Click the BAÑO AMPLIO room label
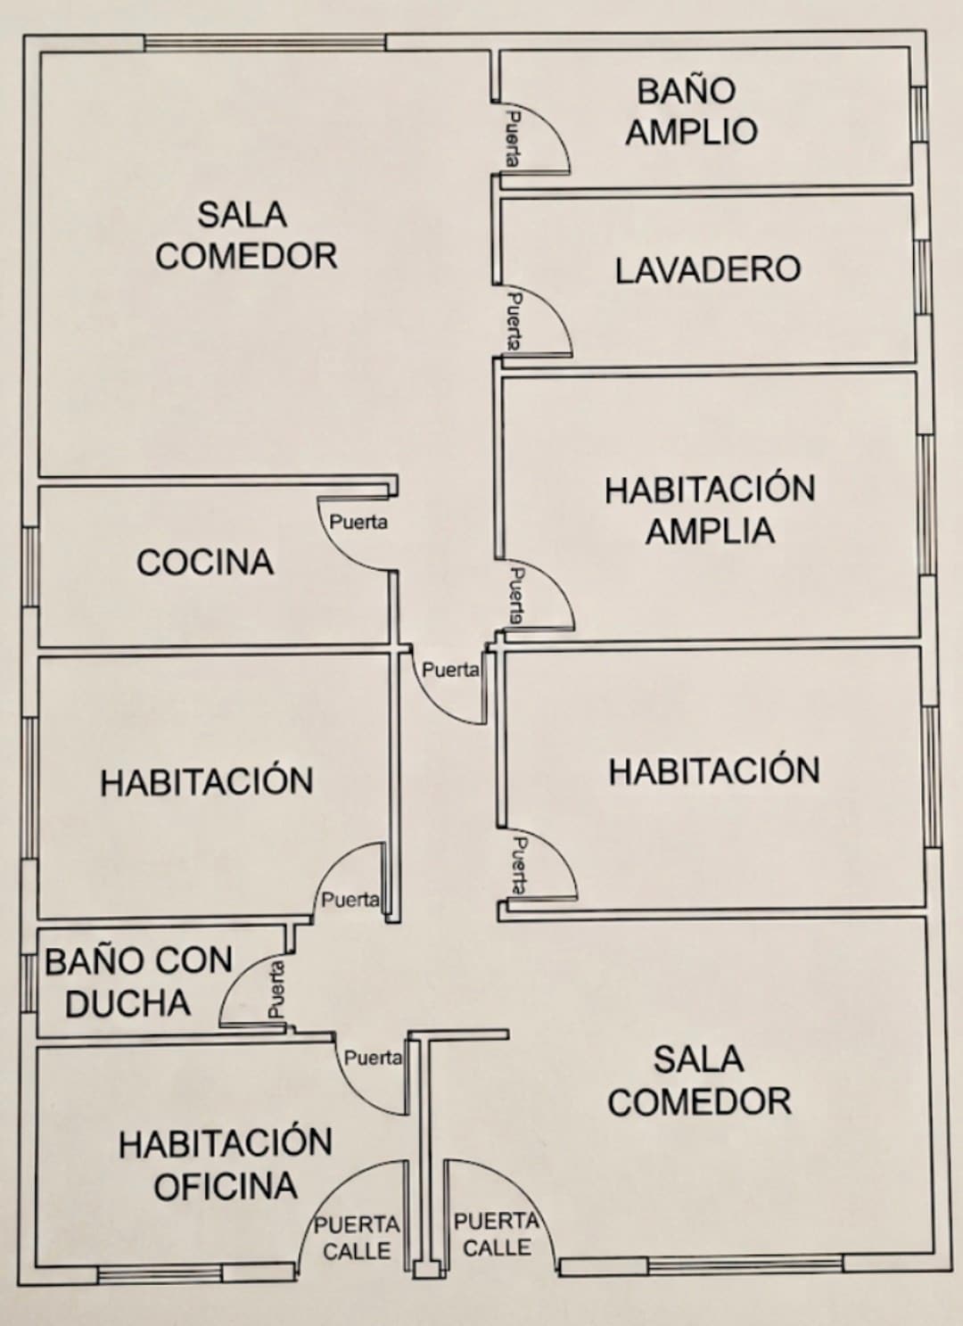click(x=691, y=111)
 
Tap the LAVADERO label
click(x=709, y=269)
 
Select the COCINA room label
click(x=205, y=562)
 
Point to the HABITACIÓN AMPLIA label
click(x=711, y=509)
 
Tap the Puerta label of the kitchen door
click(x=358, y=523)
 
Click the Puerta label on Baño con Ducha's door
click(x=276, y=989)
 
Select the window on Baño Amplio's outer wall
click(x=918, y=114)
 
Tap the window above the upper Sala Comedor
click(x=265, y=43)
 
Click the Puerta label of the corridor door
click(x=450, y=670)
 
